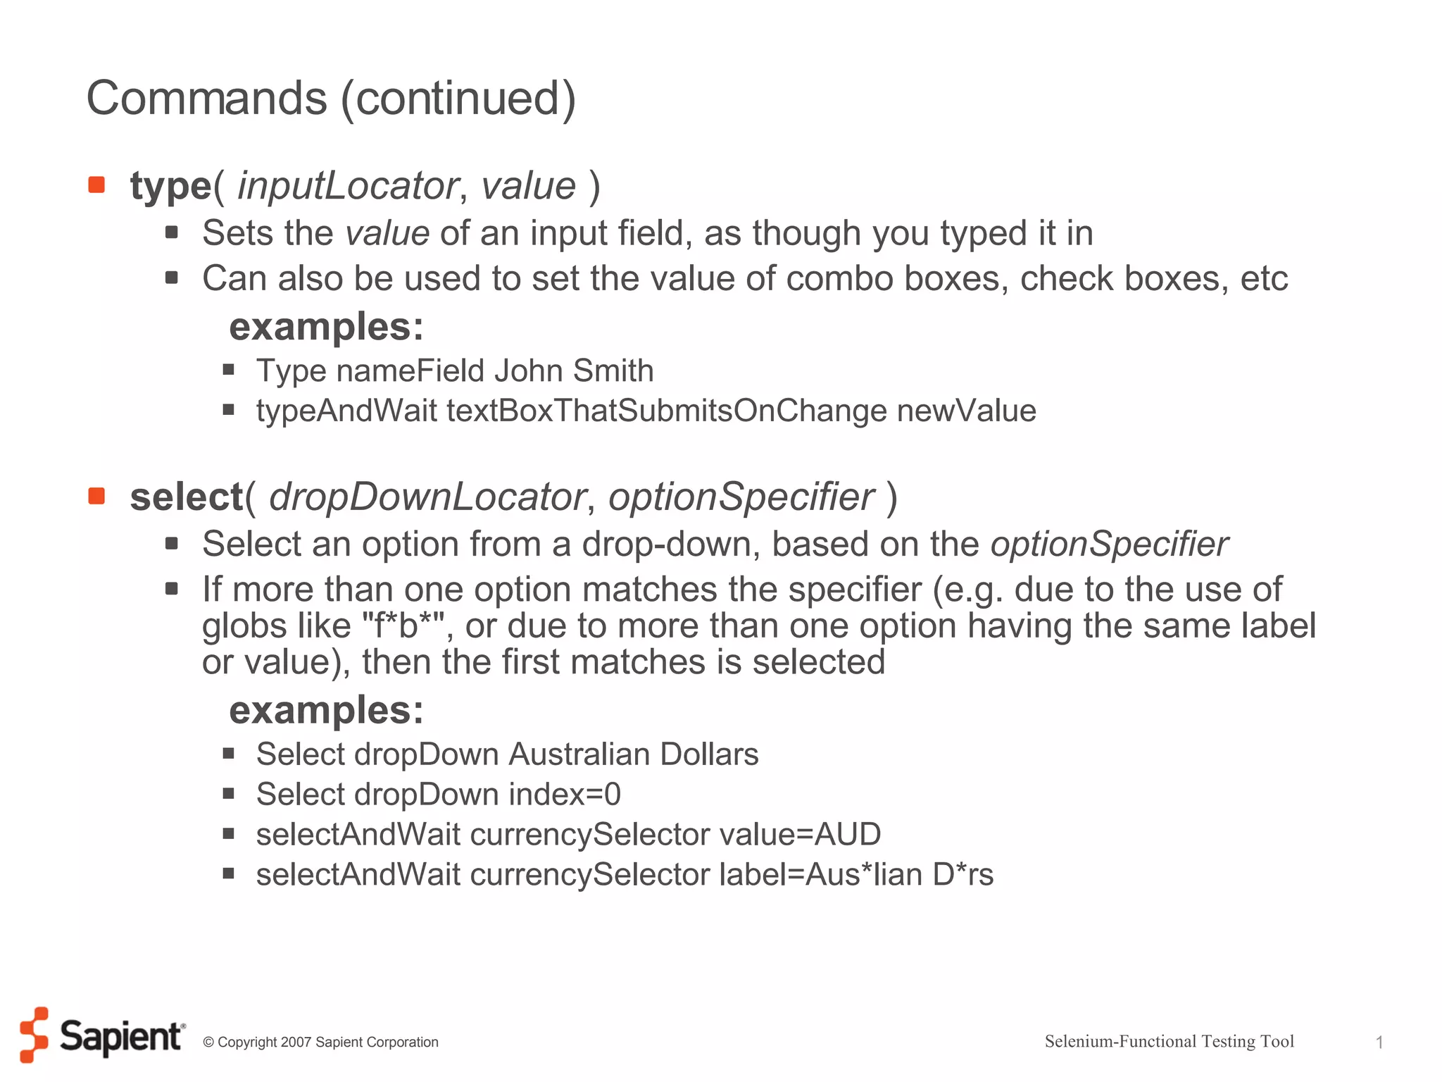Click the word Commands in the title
(206, 98)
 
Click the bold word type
(170, 187)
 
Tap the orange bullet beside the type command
(96, 185)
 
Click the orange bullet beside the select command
(96, 496)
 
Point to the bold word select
(187, 497)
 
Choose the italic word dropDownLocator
(427, 497)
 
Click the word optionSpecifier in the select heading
(741, 497)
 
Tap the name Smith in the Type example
(613, 371)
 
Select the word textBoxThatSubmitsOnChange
(666, 411)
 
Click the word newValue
(966, 411)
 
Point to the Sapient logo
(103, 1036)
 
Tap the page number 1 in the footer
(1379, 1043)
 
